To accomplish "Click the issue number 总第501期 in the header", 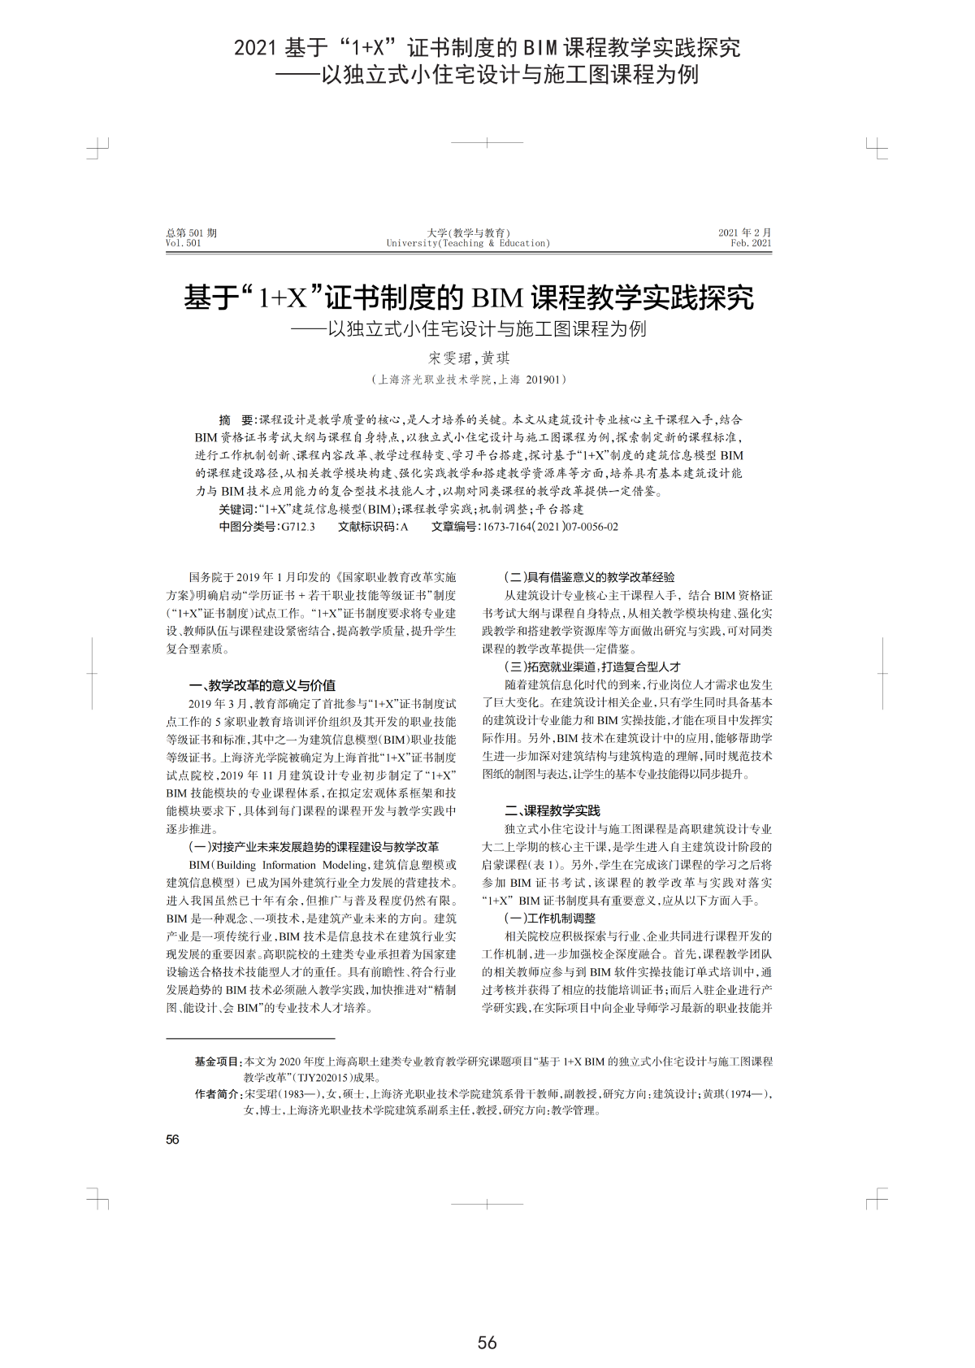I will (x=191, y=232).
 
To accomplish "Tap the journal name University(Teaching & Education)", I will (x=468, y=243).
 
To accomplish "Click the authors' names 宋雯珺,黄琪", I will (x=469, y=358).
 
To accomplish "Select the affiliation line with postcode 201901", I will (x=469, y=380).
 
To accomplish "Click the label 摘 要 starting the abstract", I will (x=236, y=420).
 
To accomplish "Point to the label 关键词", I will (x=236, y=509).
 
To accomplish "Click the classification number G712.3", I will (x=297, y=527).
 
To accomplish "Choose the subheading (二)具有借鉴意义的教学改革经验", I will (x=589, y=577).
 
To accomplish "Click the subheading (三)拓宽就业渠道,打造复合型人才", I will (x=592, y=667).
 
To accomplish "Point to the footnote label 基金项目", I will (x=218, y=1061).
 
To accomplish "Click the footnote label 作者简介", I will (x=218, y=1094).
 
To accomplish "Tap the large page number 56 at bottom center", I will (x=487, y=1342).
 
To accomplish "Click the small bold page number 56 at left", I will (x=172, y=1140).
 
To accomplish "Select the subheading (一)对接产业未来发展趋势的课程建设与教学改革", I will (x=314, y=847).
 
